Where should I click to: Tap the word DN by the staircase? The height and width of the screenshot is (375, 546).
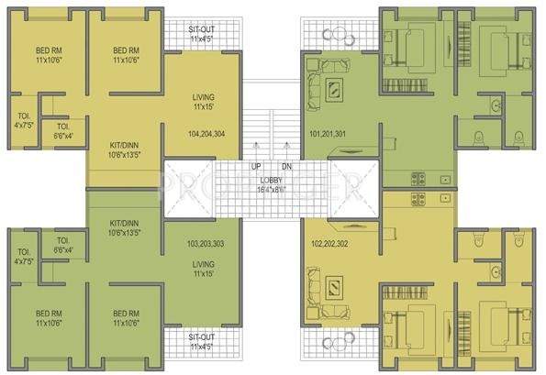(x=286, y=166)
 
